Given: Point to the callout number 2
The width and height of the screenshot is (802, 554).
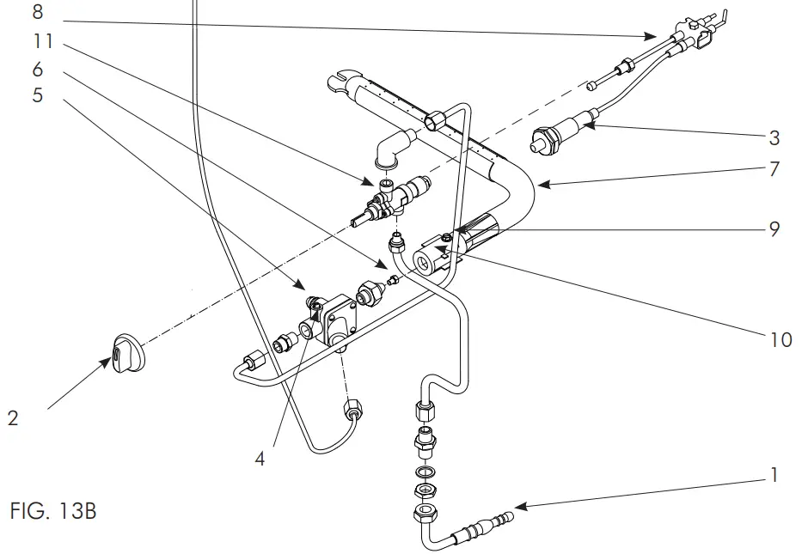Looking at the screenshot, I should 12,418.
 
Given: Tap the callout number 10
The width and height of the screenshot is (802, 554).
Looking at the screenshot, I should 781,340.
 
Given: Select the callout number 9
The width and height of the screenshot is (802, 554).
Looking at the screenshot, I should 774,230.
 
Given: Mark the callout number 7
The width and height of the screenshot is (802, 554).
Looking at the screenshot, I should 774,169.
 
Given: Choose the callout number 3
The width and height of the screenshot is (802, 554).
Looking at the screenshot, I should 774,137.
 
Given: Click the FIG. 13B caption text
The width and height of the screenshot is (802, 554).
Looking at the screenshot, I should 53,513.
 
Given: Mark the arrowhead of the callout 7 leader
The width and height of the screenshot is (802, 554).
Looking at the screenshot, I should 537,183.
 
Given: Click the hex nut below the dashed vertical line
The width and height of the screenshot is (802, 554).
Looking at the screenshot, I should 351,409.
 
